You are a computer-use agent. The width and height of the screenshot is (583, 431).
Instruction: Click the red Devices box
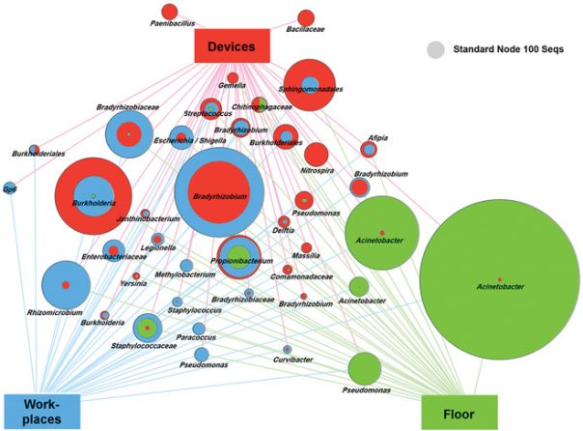tap(231, 45)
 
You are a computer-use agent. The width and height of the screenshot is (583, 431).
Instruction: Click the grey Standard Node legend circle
tap(436, 48)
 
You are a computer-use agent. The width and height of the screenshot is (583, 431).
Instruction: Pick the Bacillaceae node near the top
tap(306, 17)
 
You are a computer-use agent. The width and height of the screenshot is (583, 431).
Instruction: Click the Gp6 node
tap(10, 188)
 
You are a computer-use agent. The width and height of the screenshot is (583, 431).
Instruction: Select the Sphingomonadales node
tap(310, 85)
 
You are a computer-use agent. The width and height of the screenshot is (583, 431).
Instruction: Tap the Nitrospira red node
tap(316, 155)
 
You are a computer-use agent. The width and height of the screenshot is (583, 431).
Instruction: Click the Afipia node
tap(369, 149)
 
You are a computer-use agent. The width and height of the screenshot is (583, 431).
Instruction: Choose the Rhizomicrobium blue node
tap(66, 286)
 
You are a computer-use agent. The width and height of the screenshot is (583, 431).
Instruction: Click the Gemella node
tap(233, 77)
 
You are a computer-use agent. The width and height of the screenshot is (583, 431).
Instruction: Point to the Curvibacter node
tap(288, 349)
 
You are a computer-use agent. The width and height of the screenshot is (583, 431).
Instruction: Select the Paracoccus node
tap(198, 329)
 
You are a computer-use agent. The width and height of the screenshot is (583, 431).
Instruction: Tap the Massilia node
tap(306, 248)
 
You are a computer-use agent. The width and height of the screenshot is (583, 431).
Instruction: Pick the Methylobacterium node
tap(186, 265)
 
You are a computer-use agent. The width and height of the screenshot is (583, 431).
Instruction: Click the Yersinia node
tap(136, 276)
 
